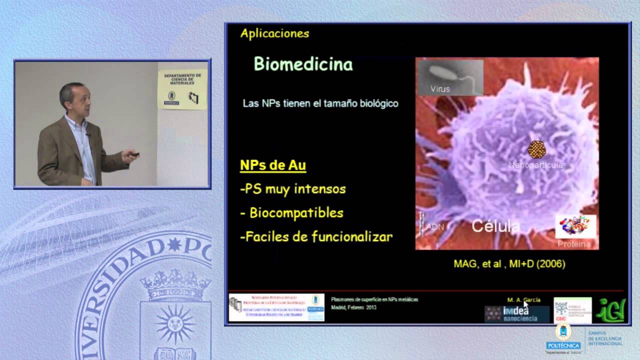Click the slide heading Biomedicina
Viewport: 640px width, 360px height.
pyautogui.click(x=303, y=64)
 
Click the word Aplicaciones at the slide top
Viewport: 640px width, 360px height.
pyautogui.click(x=274, y=33)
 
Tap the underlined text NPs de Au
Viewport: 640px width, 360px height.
pyautogui.click(x=272, y=165)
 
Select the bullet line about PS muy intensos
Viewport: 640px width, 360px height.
pyautogui.click(x=293, y=189)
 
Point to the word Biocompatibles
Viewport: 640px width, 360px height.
pyautogui.click(x=296, y=213)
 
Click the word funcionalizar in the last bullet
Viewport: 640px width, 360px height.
pyautogui.click(x=351, y=236)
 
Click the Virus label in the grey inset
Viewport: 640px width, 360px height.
pyautogui.click(x=440, y=89)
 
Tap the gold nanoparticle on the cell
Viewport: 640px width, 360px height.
pyautogui.click(x=536, y=149)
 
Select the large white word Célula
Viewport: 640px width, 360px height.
pyautogui.click(x=496, y=226)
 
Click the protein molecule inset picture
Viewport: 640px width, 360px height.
pyautogui.click(x=575, y=226)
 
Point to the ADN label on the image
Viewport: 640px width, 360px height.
pyautogui.click(x=434, y=227)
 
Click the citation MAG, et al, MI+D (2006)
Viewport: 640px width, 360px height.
pyautogui.click(x=509, y=263)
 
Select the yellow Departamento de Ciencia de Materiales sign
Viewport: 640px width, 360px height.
pyautogui.click(x=182, y=89)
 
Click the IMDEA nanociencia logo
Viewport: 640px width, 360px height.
pyautogui.click(x=516, y=314)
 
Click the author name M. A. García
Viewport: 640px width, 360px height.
pyautogui.click(x=523, y=300)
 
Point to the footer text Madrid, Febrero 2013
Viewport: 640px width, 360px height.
pyautogui.click(x=353, y=307)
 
